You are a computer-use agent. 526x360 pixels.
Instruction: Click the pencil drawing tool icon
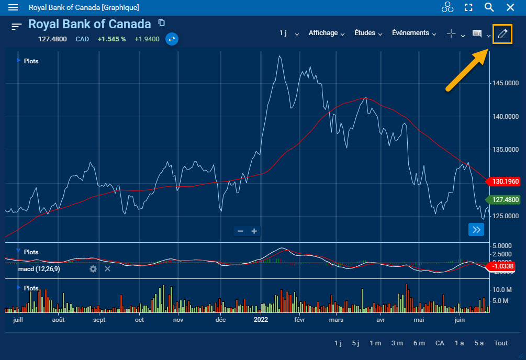pyautogui.click(x=502, y=34)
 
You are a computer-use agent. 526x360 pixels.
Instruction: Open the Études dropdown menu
pyautogui.click(x=365, y=33)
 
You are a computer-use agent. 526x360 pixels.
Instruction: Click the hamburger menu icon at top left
pyautogui.click(x=13, y=7)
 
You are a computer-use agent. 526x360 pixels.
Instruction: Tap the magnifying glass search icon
pyautogui.click(x=489, y=7)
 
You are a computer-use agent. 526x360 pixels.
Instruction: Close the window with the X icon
pyautogui.click(x=510, y=7)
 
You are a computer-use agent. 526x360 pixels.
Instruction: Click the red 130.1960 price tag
pyautogui.click(x=505, y=182)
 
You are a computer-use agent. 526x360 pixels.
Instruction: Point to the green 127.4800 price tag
pyautogui.click(x=505, y=199)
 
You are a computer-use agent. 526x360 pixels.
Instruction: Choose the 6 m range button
pyautogui.click(x=419, y=343)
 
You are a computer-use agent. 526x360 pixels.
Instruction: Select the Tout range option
pyautogui.click(x=501, y=343)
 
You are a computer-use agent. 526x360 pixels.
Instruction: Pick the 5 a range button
pyautogui.click(x=479, y=343)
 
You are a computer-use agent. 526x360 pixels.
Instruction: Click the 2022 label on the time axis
pyautogui.click(x=261, y=319)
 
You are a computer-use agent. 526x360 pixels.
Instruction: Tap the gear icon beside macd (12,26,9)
pyautogui.click(x=93, y=269)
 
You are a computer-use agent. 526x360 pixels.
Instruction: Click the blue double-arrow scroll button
pyautogui.click(x=476, y=229)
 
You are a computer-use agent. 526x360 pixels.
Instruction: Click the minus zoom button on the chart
pyautogui.click(x=240, y=231)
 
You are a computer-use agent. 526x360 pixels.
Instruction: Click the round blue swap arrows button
pyautogui.click(x=172, y=39)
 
